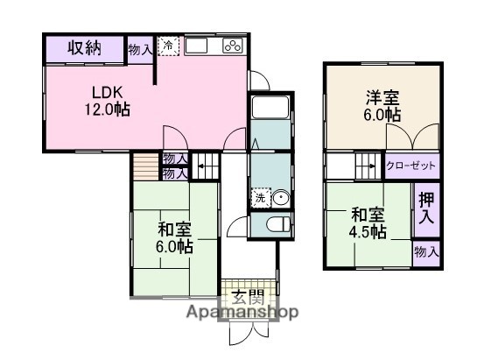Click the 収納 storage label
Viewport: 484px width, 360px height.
coord(84,48)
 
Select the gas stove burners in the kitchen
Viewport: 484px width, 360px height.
coord(234,46)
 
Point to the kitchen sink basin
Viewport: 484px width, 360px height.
coord(196,46)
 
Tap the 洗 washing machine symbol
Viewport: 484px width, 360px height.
coord(260,198)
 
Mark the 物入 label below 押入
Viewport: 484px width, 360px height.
coord(426,252)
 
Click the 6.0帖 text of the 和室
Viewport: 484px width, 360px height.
coord(175,248)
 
